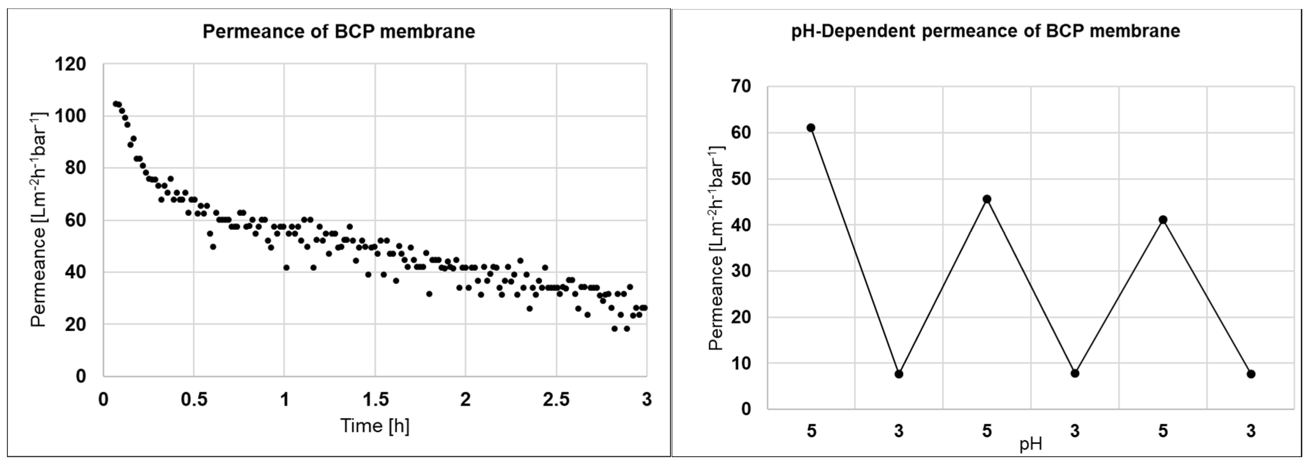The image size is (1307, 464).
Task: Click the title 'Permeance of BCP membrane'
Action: coord(339,32)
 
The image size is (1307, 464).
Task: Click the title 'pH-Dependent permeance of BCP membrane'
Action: coord(985,31)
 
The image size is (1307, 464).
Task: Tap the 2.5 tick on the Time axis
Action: coord(556,400)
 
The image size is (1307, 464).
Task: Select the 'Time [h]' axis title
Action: coord(374,426)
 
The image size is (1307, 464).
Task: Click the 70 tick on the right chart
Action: coord(741,86)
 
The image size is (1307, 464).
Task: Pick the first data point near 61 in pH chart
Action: coord(811,128)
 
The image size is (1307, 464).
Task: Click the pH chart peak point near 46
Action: coord(987,199)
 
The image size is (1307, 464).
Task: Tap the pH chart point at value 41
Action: coord(1163,220)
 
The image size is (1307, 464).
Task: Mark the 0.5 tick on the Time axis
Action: coord(194,400)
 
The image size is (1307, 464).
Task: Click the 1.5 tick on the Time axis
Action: coord(375,400)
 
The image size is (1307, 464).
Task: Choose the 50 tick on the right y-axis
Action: coord(741,179)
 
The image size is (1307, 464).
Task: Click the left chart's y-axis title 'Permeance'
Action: coord(38,220)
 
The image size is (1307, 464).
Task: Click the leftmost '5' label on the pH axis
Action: coord(811,431)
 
